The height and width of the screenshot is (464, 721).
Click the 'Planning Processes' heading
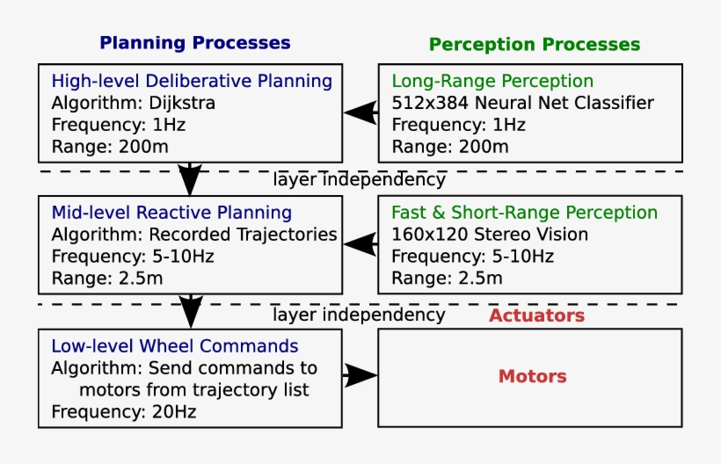(x=194, y=42)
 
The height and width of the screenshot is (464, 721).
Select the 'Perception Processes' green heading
(x=534, y=44)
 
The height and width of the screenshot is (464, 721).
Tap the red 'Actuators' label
(x=536, y=315)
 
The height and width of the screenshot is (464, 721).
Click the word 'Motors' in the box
(x=532, y=376)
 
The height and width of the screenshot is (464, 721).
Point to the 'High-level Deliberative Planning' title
(x=192, y=82)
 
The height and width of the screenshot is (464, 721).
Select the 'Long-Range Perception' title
(x=492, y=82)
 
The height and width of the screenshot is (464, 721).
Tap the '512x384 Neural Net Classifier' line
(x=522, y=103)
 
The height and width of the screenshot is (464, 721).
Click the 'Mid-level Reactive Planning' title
(x=171, y=213)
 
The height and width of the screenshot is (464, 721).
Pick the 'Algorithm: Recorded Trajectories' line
(x=193, y=235)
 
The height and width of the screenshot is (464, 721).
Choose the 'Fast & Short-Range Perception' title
(x=524, y=213)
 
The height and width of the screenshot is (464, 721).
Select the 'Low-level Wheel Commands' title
(x=174, y=346)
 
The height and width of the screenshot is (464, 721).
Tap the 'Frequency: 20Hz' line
(x=123, y=411)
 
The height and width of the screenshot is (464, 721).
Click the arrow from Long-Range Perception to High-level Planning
(x=360, y=112)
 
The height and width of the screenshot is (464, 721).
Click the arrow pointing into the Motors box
(x=360, y=375)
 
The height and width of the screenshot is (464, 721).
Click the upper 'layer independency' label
(x=358, y=180)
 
